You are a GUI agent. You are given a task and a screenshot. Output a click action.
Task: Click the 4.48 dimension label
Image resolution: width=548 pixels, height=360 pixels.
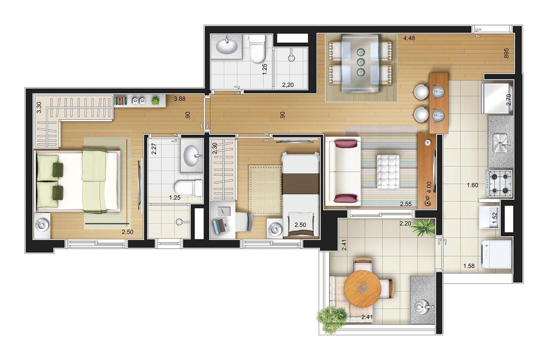(x=409, y=38)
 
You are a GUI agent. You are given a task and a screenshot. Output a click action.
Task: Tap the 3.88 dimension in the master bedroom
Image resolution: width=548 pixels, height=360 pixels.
(x=179, y=99)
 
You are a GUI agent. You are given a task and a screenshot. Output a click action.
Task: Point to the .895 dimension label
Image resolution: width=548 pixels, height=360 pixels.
(x=506, y=53)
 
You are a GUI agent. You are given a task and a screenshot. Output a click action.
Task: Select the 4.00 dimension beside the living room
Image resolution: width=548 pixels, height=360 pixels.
(x=428, y=187)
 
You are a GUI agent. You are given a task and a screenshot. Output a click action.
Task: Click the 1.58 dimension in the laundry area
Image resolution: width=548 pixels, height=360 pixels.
(x=469, y=266)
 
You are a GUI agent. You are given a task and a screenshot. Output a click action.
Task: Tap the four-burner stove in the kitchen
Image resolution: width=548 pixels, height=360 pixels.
(x=499, y=184)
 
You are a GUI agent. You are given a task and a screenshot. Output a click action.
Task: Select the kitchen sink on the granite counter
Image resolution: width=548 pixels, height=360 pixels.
(x=501, y=143)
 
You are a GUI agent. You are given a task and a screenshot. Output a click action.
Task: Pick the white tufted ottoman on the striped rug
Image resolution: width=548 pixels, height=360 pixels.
(x=389, y=172)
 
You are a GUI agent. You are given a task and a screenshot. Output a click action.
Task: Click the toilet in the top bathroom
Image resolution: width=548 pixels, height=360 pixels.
(x=257, y=48)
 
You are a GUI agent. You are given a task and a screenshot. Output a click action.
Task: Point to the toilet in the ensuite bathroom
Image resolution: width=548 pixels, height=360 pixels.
(x=188, y=188)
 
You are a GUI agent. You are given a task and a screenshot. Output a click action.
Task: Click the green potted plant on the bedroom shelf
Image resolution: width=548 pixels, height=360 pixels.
(x=155, y=101)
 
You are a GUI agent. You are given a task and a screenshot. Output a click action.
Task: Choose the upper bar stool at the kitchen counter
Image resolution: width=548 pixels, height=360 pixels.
(x=421, y=92)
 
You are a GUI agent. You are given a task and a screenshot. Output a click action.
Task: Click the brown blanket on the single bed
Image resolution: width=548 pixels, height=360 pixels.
(x=300, y=184)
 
